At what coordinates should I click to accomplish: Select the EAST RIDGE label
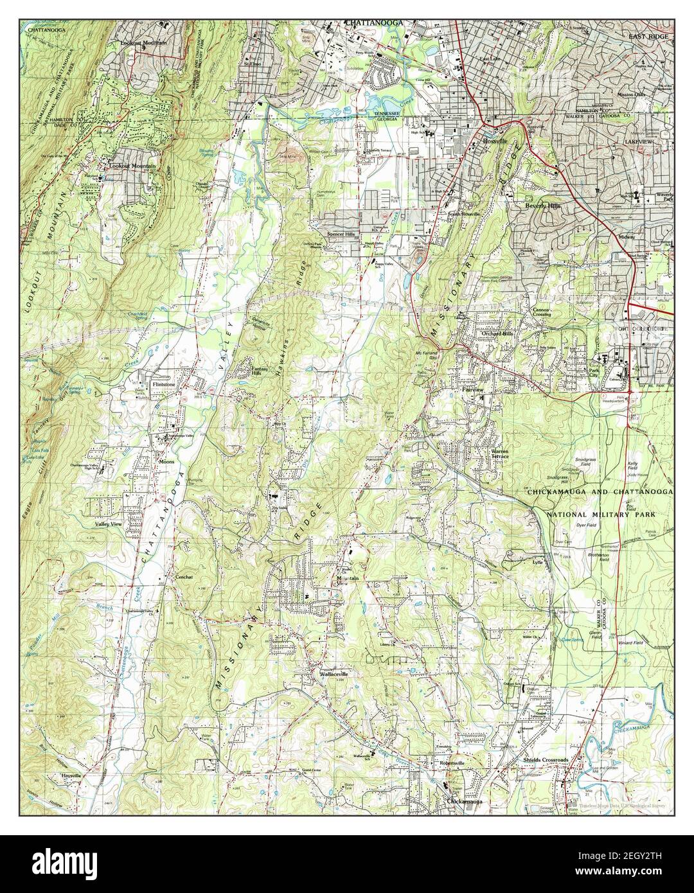coord(649,37)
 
